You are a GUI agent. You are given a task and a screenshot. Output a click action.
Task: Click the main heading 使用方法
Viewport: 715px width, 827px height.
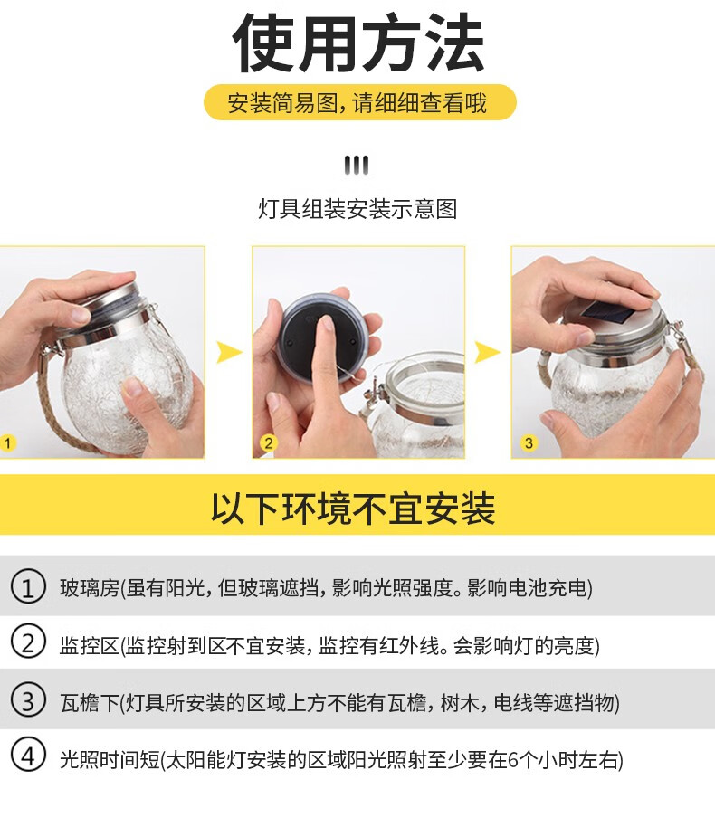[x=357, y=43]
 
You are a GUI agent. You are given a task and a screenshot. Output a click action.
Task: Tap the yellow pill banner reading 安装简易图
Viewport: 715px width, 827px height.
[x=359, y=102]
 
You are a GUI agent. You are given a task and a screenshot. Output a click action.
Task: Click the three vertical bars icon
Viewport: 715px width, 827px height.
[x=357, y=165]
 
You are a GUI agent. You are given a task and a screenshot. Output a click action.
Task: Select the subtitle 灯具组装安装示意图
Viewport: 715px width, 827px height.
[x=357, y=209]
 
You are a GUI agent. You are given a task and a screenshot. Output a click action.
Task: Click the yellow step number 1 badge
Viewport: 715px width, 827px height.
[x=7, y=443]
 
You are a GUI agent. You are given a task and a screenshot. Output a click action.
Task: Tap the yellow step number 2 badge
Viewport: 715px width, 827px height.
[x=269, y=443]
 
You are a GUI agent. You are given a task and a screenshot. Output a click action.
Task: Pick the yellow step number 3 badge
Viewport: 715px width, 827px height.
[x=529, y=443]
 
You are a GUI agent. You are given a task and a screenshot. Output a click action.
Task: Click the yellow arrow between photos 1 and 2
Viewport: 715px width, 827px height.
[x=228, y=352]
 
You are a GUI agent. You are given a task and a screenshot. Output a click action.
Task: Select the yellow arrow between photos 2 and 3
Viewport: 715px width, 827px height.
[x=487, y=352]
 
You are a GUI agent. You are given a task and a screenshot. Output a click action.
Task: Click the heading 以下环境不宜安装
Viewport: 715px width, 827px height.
[x=353, y=509]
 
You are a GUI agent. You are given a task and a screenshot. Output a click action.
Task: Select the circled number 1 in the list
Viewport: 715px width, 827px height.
[x=28, y=586]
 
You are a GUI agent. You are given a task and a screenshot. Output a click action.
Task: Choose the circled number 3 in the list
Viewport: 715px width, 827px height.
[x=28, y=700]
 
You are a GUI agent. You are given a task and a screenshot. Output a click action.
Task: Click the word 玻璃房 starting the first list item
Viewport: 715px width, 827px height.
[x=90, y=587]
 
